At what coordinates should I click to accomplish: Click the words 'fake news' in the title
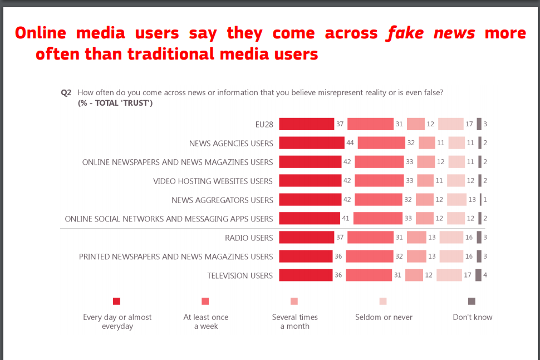[x=431, y=33]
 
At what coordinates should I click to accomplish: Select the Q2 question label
[x=66, y=93]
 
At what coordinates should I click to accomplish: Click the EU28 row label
[x=264, y=125]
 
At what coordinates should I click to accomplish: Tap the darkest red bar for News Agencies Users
[x=311, y=143]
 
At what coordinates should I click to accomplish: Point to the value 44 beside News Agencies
[x=350, y=143]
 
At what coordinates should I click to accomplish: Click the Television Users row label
[x=240, y=275]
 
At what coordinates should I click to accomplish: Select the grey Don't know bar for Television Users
[x=478, y=275]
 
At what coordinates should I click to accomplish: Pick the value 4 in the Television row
[x=485, y=275]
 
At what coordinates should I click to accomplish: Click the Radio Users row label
[x=249, y=238]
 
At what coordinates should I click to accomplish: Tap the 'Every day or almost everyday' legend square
[x=116, y=301]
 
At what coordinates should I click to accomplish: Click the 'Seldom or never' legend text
[x=384, y=317]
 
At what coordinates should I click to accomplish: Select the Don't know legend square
[x=472, y=301]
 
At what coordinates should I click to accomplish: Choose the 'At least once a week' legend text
[x=205, y=322]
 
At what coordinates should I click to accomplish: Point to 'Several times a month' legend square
[x=294, y=301]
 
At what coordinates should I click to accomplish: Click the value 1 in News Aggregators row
[x=485, y=200]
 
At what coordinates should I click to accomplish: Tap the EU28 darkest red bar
[x=306, y=124]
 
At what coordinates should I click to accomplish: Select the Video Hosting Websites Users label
[x=213, y=181]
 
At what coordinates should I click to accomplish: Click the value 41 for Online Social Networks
[x=346, y=219]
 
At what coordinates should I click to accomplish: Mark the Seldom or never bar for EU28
[x=450, y=124]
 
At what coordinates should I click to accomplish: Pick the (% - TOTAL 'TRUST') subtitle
[x=115, y=103]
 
